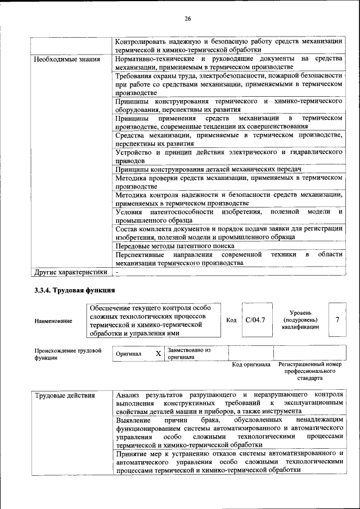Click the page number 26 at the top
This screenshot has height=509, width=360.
pyautogui.click(x=188, y=19)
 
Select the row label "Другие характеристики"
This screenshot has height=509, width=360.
pyautogui.click(x=70, y=272)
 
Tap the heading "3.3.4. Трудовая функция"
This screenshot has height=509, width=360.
pyautogui.click(x=75, y=291)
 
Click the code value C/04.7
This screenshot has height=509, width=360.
pyautogui.click(x=255, y=319)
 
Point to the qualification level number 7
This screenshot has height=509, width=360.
pyautogui.click(x=337, y=319)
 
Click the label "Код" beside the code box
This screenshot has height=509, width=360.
pyautogui.click(x=231, y=320)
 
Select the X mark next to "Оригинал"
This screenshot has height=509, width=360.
pyautogui.click(x=158, y=354)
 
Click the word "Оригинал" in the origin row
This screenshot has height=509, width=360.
pyautogui.click(x=128, y=354)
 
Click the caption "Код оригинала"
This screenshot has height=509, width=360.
pyautogui.click(x=251, y=364)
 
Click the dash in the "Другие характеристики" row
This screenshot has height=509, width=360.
pyautogui.click(x=117, y=272)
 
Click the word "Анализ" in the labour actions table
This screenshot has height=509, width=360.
pyautogui.click(x=128, y=395)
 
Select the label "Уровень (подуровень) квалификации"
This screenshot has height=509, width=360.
pyautogui.click(x=301, y=319)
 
